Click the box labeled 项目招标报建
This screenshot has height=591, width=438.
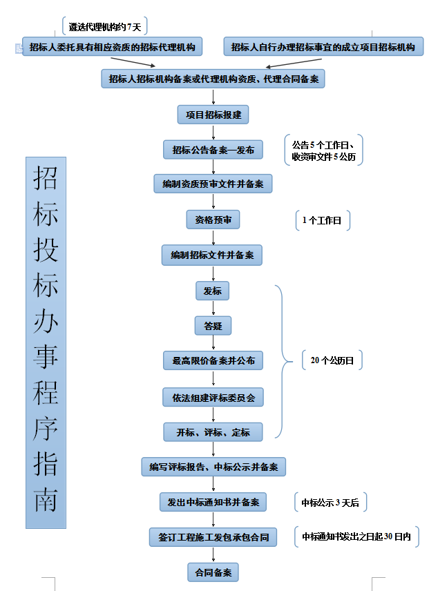pyautogui.click(x=213, y=115)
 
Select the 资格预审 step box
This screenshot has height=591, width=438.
pyautogui.click(x=213, y=220)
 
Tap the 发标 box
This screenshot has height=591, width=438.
pyautogui.click(x=212, y=291)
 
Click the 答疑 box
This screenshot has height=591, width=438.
pyautogui.click(x=212, y=325)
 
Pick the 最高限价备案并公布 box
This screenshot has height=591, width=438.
pyautogui.click(x=213, y=360)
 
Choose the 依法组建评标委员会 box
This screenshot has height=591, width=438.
pyautogui.click(x=213, y=397)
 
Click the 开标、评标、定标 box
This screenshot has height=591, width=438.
pyautogui.click(x=213, y=432)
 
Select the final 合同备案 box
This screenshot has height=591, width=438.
pyautogui.click(x=213, y=572)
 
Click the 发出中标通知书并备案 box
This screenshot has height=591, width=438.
pyautogui.click(x=213, y=502)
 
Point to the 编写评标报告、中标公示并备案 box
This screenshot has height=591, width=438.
pyautogui.click(x=213, y=467)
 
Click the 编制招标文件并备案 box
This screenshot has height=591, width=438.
pyautogui.click(x=212, y=255)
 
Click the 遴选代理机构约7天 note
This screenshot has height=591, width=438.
pyautogui.click(x=105, y=27)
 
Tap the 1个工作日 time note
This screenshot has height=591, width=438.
pyautogui.click(x=322, y=220)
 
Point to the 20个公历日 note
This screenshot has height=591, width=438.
pyautogui.click(x=332, y=360)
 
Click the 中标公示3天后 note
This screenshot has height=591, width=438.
pyautogui.click(x=330, y=503)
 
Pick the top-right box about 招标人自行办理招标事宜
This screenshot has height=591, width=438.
pyautogui.click(x=323, y=47)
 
